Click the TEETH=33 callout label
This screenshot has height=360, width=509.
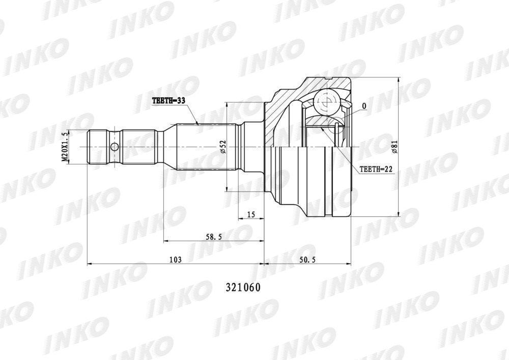coord(168,101)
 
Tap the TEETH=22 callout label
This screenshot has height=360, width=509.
coord(376,169)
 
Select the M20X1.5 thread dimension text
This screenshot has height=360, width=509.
coord(65,147)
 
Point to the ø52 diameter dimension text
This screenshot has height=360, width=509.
coord(223,147)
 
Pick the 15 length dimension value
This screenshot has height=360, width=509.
coord(251,214)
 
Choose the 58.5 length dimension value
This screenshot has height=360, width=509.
coord(214,237)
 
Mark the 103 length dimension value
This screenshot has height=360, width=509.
coord(175,260)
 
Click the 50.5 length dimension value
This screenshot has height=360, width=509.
coord(308,260)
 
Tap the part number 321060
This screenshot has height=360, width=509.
coord(243,288)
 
